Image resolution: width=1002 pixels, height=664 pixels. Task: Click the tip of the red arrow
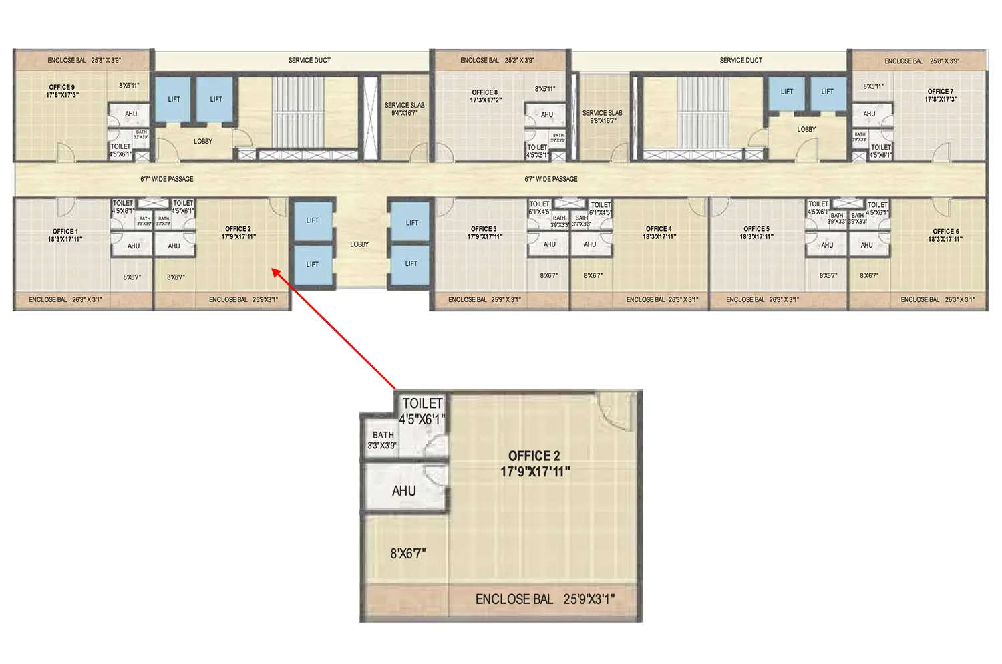click(272, 269)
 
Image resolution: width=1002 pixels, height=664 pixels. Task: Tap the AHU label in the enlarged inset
click(404, 491)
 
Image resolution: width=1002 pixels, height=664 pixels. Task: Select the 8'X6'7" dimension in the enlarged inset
click(407, 554)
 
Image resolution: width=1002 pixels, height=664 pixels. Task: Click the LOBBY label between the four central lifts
click(359, 244)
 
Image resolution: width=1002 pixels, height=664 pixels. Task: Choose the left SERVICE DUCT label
click(309, 60)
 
